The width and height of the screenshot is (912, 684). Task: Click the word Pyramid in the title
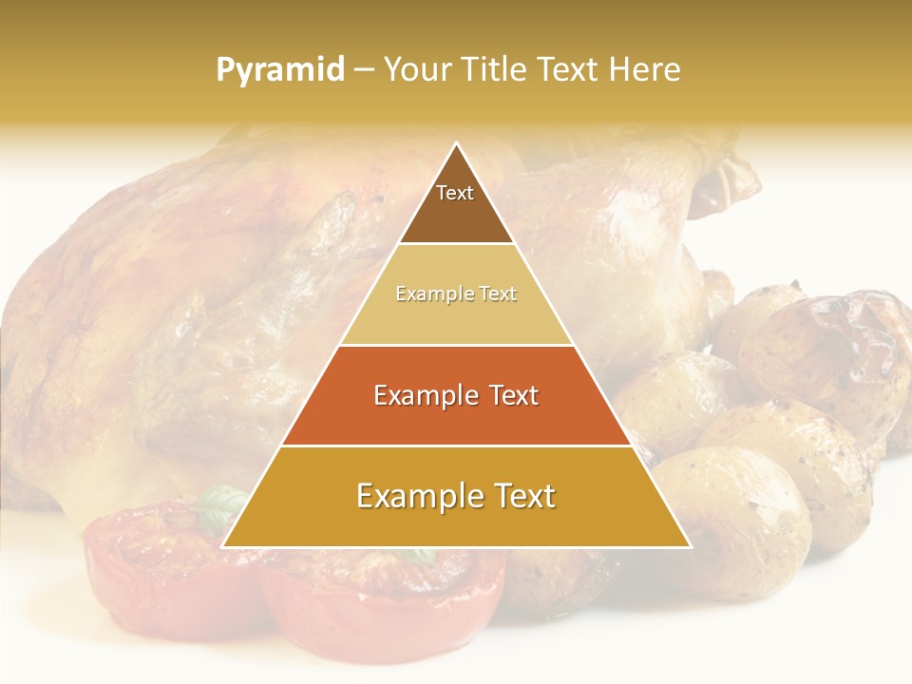(x=279, y=70)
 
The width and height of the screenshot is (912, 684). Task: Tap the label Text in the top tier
(x=455, y=193)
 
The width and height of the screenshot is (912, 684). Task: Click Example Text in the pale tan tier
(x=456, y=294)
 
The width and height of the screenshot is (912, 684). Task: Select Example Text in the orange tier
(x=456, y=395)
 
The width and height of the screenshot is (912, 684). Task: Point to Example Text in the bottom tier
(x=456, y=496)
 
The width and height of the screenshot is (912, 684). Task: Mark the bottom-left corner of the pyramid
(x=223, y=546)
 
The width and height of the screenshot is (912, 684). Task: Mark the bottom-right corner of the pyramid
(x=690, y=546)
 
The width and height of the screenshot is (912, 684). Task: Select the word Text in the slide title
(x=566, y=69)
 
